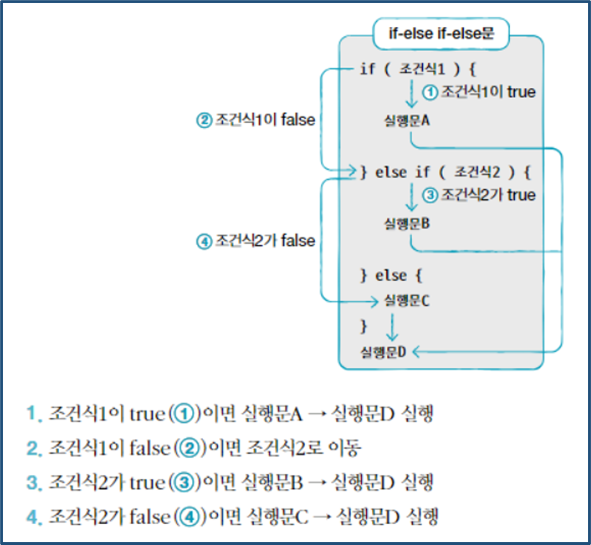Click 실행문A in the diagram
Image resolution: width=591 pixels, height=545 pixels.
(407, 120)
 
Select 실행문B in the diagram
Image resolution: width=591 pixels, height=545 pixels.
(407, 223)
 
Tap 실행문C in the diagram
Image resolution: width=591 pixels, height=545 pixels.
(407, 300)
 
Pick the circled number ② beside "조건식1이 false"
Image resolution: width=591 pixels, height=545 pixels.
(204, 120)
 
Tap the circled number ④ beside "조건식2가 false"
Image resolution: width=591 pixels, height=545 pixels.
(204, 241)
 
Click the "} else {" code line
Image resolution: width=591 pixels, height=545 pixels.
(391, 275)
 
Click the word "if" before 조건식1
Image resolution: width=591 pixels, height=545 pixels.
(367, 69)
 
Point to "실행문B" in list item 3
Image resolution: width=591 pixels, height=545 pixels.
(274, 482)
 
